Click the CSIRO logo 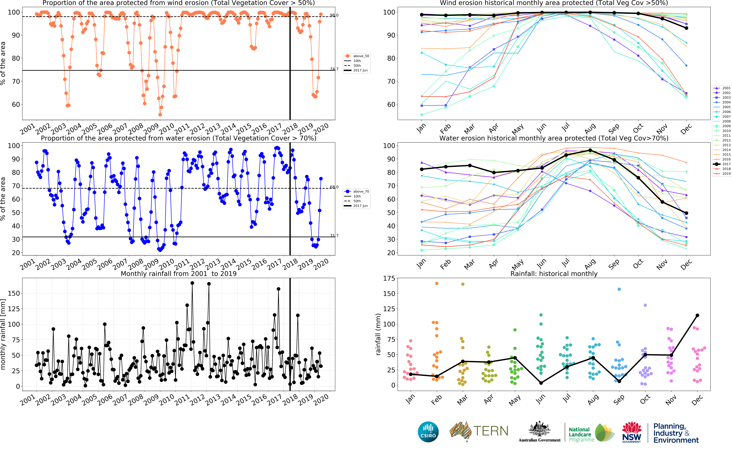click(428, 432)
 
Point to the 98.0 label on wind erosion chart click(334, 15)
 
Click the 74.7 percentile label click(334, 69)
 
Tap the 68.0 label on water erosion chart click(334, 187)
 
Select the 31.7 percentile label click(334, 236)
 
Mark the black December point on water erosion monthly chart click(686, 213)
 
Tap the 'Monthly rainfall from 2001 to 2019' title click(179, 274)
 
